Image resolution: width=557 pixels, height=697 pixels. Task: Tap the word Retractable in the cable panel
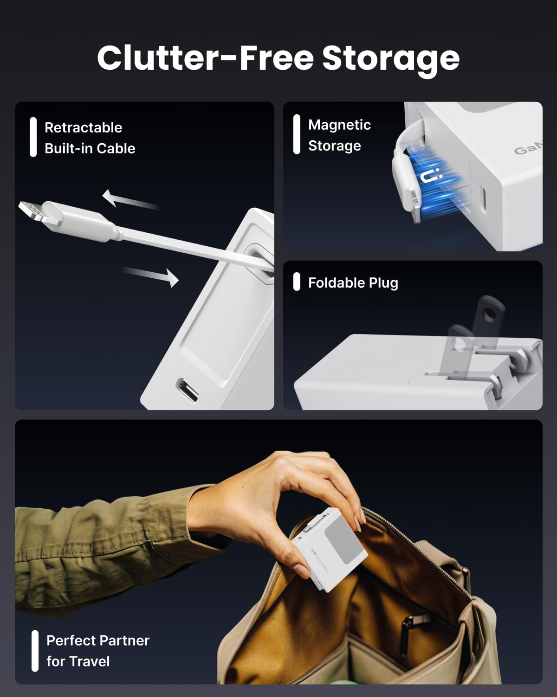[83, 127]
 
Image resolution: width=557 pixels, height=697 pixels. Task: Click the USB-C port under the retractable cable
[188, 389]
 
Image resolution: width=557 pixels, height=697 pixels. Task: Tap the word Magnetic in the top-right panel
[339, 125]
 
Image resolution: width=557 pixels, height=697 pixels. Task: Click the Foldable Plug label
[353, 283]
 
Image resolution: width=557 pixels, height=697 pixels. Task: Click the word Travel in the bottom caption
[78, 661]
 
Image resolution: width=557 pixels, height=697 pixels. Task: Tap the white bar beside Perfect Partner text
[35, 651]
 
